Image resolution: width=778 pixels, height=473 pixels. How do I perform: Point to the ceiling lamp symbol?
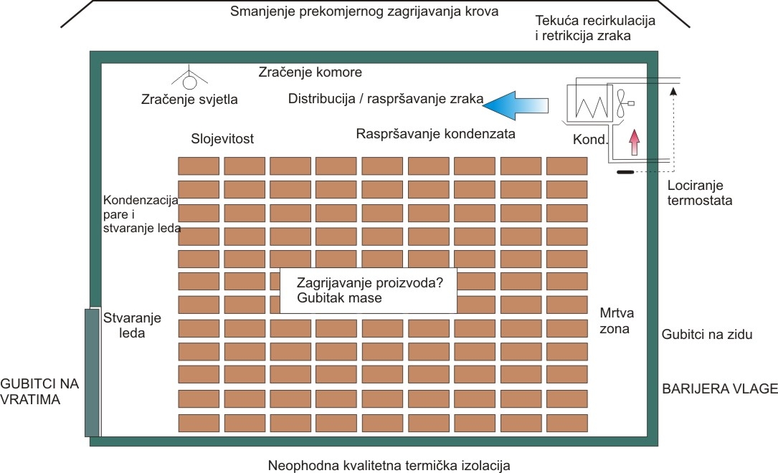(189, 81)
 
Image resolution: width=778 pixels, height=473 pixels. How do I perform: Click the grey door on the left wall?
(91, 372)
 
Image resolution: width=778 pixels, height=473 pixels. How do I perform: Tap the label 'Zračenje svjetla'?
(190, 100)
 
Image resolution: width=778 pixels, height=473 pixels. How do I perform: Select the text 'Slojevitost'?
(222, 138)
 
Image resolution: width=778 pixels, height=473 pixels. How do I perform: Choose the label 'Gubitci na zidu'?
(706, 334)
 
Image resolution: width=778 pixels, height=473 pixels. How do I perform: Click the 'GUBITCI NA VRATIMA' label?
(39, 391)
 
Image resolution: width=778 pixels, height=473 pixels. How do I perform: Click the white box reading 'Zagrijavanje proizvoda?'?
(368, 290)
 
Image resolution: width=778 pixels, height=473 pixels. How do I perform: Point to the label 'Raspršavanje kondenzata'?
(436, 133)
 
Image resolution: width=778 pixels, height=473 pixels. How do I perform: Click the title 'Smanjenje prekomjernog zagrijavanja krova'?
(364, 12)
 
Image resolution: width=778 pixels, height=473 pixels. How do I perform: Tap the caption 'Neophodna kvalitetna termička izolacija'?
(389, 465)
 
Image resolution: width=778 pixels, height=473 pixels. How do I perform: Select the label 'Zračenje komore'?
(310, 72)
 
